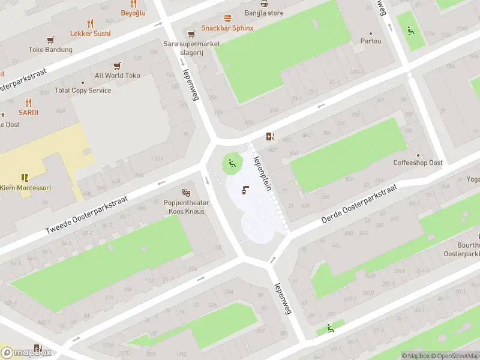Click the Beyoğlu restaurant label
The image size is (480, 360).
click(x=133, y=13)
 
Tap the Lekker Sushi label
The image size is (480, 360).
click(x=90, y=34)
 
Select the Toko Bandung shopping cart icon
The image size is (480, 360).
click(x=50, y=40)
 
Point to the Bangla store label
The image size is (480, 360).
click(x=264, y=13)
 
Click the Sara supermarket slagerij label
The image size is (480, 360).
click(x=192, y=47)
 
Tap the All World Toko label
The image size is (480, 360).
click(x=118, y=76)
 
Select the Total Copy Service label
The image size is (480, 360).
click(x=83, y=91)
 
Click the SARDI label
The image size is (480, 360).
click(x=28, y=112)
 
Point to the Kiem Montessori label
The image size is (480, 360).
click(x=25, y=188)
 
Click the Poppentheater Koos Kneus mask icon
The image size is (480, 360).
click(x=187, y=193)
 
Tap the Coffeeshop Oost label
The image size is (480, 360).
click(x=418, y=163)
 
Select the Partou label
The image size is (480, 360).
click(x=370, y=41)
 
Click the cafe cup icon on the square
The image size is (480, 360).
click(x=245, y=190)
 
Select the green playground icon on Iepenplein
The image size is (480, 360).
click(x=232, y=162)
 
